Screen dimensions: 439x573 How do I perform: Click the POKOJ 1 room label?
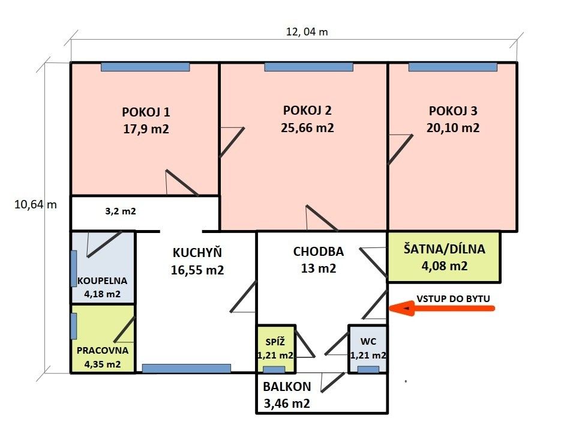point(146,112)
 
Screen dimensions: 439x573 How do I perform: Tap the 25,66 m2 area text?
point(307,128)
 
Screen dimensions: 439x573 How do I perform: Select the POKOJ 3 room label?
point(454,111)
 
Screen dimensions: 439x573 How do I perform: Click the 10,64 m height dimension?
point(35,204)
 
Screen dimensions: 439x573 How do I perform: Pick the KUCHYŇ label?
point(197,253)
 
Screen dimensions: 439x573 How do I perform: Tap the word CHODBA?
point(319,252)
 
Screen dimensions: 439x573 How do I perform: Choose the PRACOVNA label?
point(103,350)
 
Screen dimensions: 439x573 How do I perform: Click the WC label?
point(368,341)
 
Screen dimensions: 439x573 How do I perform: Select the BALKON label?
point(286,387)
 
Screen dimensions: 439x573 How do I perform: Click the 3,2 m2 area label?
point(120,211)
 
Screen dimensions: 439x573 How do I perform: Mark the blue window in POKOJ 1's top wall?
point(145,67)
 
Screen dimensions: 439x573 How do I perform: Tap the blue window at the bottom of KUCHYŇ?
point(186,368)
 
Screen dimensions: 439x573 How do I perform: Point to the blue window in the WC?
point(368,369)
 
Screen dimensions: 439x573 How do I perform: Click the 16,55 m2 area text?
point(197,270)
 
